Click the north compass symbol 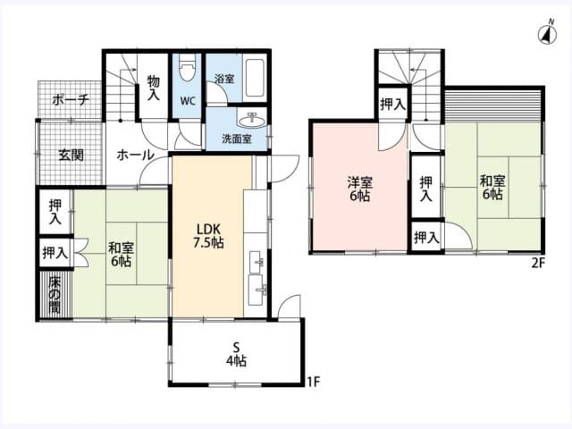click(543, 35)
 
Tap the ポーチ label click(70, 100)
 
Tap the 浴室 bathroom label click(224, 79)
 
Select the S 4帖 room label click(236, 353)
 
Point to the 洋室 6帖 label click(360, 189)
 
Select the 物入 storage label click(154, 87)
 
